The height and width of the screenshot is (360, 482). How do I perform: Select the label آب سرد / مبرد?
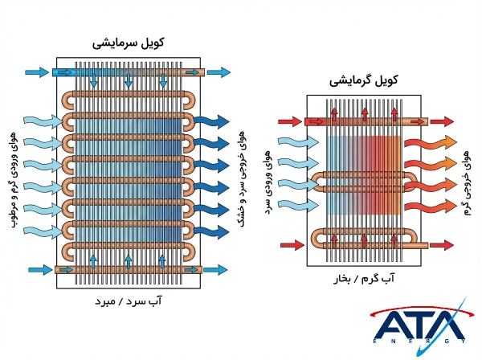point(129,303)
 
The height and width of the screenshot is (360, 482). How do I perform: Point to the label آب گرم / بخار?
point(363,279)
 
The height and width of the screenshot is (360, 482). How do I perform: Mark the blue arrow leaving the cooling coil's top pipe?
point(217,72)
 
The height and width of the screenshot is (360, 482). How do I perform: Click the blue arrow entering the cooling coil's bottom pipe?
point(37,269)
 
